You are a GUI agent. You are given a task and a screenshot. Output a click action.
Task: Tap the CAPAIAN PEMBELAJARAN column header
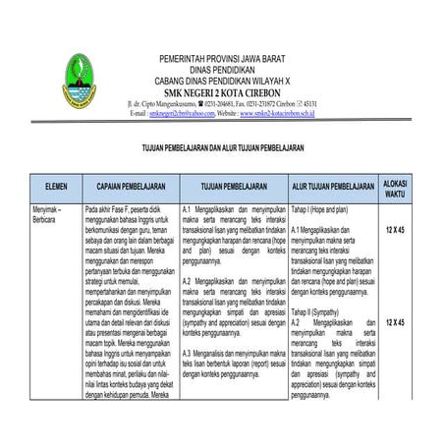(x=129, y=185)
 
